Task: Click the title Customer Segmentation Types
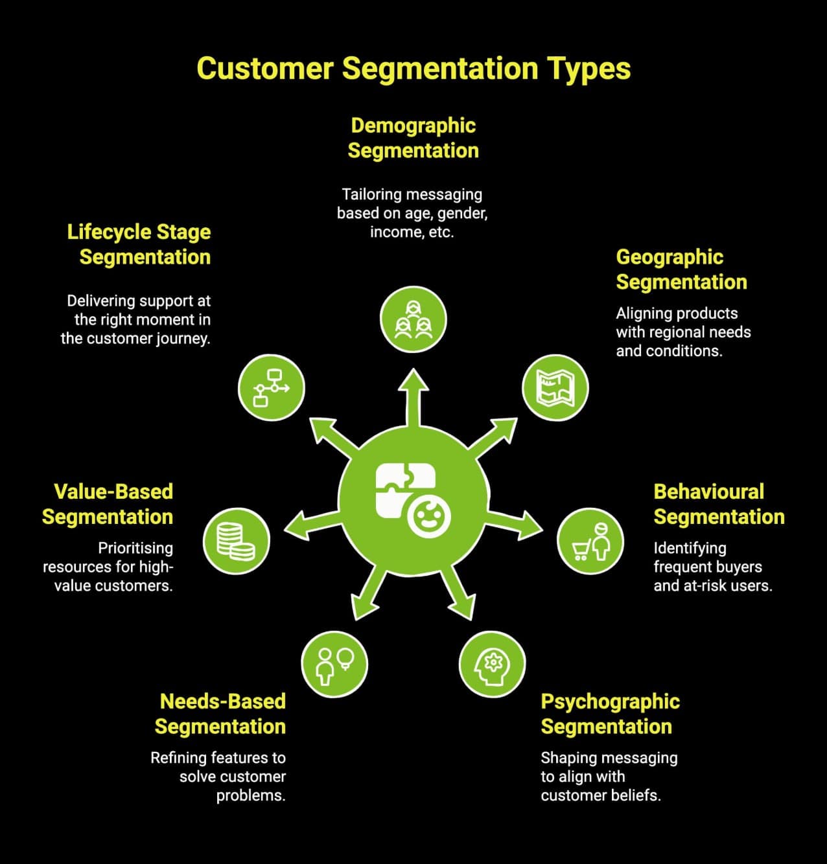(413, 69)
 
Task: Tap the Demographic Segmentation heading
(413, 138)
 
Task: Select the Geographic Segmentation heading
(681, 269)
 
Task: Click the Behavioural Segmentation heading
(718, 504)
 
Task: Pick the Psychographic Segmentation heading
(609, 714)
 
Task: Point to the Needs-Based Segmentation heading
(221, 714)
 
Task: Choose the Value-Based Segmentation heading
(108, 504)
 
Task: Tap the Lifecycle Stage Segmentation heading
(139, 244)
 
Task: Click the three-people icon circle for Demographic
(413, 321)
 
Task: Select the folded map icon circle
(555, 388)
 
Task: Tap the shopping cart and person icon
(590, 541)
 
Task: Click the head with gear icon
(492, 664)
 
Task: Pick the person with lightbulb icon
(334, 664)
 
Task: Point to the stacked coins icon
(236, 541)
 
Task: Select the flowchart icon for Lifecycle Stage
(271, 388)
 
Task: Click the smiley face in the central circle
(429, 517)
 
